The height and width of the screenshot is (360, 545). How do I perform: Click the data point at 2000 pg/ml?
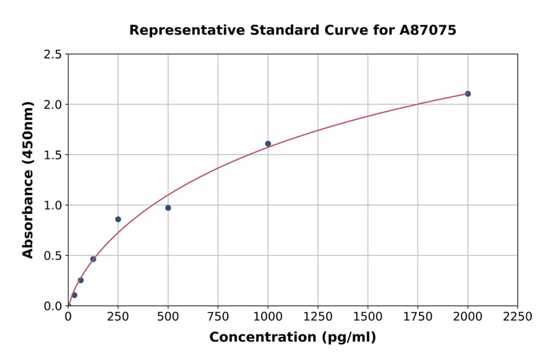pos(467,93)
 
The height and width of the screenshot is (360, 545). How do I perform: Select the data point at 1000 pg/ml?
pos(268,144)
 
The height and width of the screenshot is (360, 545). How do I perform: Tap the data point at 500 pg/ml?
pos(168,208)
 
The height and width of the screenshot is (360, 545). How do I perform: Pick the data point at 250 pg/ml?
pos(118,219)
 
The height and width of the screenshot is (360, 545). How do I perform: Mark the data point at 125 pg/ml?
pos(93,259)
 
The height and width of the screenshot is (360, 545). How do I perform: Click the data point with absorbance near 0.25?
pos(81,280)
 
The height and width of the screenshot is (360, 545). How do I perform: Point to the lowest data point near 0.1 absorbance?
pos(74,295)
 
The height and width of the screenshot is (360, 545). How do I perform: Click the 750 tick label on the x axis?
pos(218,317)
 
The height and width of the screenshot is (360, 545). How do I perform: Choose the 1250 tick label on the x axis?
pos(318,317)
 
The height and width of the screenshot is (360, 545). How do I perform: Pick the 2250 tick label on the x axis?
pos(517,317)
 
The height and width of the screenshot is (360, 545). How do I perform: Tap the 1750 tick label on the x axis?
pos(417,317)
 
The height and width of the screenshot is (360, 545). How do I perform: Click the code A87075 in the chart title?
pos(428,30)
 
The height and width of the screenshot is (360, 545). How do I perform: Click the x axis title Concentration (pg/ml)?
pos(292,338)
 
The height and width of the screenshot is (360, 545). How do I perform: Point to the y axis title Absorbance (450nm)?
pos(28,179)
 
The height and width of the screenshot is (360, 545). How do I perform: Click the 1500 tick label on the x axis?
pos(368,317)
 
